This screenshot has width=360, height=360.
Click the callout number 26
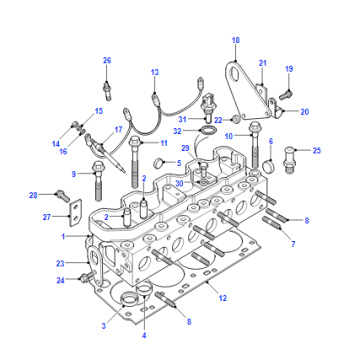(107, 61)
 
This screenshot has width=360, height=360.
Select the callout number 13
(155, 72)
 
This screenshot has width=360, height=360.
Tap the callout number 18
(236, 40)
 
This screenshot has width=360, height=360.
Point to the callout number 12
(222, 298)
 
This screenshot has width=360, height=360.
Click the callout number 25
(316, 151)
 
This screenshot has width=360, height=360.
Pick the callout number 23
(60, 263)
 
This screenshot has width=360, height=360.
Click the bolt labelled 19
(286, 95)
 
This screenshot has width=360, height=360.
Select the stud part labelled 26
(107, 90)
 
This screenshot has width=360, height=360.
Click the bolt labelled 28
(62, 195)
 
